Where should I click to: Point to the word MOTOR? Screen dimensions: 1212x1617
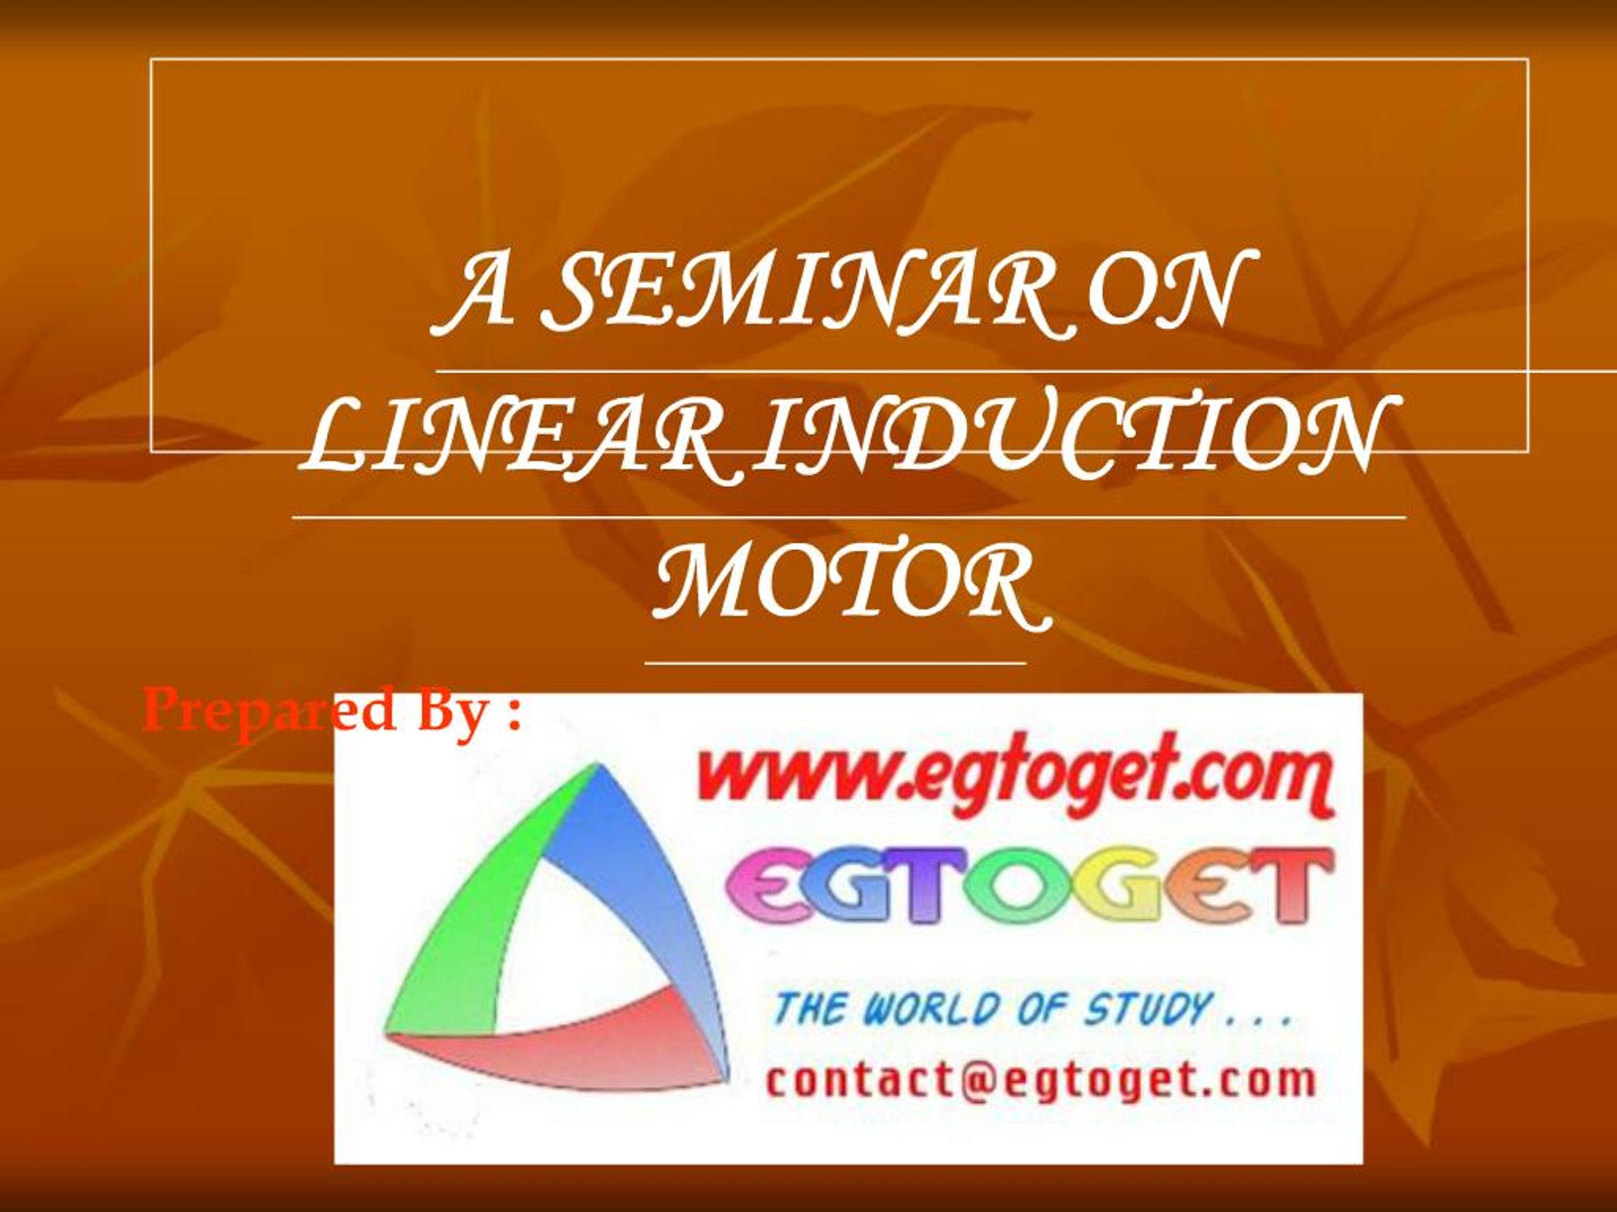[850, 589]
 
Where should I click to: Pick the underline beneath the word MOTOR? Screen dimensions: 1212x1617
[836, 663]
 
